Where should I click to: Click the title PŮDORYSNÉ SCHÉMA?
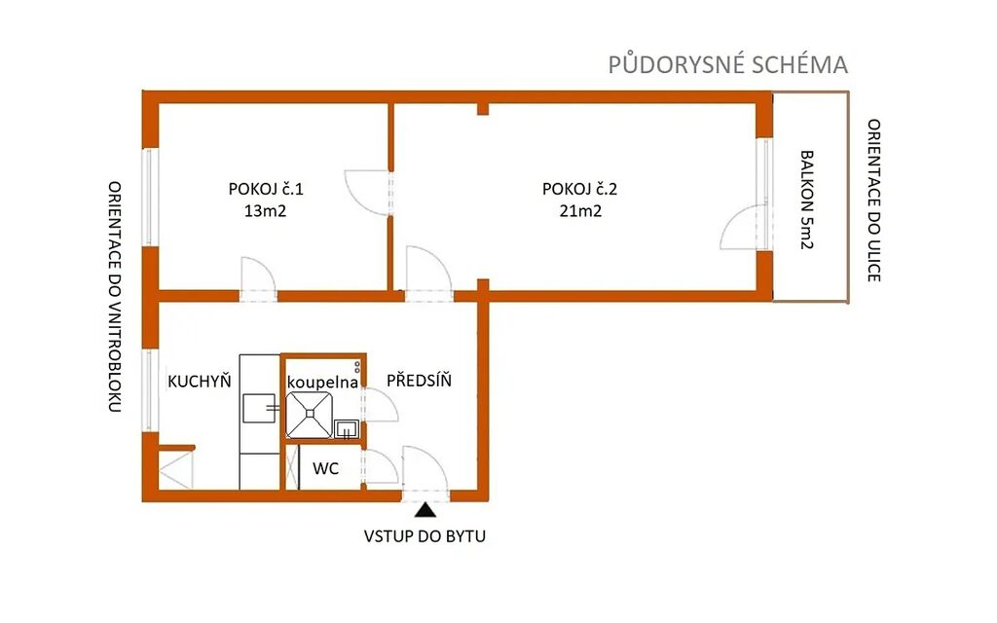[x=728, y=65]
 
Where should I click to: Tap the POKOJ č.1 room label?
[x=266, y=189]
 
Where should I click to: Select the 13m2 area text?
[x=265, y=211]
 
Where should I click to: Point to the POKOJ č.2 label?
[x=580, y=189]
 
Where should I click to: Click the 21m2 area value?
[x=580, y=211]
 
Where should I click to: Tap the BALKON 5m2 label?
[x=807, y=200]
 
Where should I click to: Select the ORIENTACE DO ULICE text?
[x=874, y=201]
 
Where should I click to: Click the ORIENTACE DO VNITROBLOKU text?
[x=115, y=297]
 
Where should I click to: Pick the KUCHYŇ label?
[x=199, y=381]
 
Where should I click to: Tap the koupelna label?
[x=322, y=383]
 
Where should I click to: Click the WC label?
[x=325, y=469]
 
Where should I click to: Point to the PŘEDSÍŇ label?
[x=419, y=381]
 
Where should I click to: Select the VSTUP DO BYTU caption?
[x=425, y=536]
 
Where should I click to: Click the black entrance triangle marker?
[x=425, y=510]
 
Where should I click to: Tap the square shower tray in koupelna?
[x=309, y=415]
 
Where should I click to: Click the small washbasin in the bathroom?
[x=347, y=429]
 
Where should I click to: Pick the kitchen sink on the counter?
[x=259, y=408]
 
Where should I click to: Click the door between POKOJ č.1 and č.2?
[x=367, y=193]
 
